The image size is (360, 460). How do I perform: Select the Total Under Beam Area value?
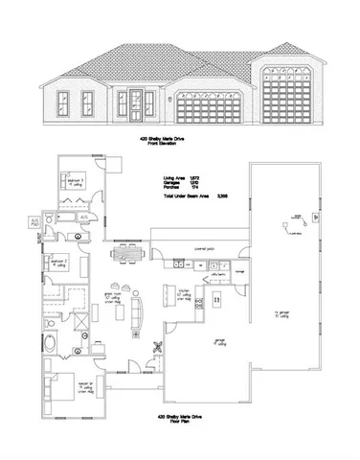click(222, 196)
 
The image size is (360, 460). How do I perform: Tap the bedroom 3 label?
click(77, 179)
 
